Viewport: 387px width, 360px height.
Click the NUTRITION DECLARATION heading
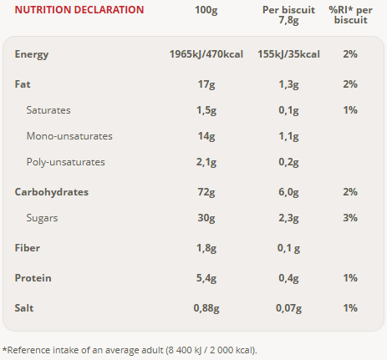point(79,10)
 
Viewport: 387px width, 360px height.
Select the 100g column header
point(206,10)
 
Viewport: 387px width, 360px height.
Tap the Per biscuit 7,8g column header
point(288,15)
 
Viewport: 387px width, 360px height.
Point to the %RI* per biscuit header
point(350,15)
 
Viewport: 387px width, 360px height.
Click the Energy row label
point(32,54)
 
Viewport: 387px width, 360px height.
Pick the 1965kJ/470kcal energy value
point(206,54)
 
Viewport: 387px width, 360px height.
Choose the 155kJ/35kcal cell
point(288,54)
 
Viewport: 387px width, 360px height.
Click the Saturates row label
point(48,110)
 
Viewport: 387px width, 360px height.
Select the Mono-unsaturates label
point(69,136)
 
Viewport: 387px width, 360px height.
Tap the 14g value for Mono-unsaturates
point(206,136)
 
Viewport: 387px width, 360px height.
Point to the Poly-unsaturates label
point(66,162)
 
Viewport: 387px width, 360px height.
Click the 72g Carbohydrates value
point(206,192)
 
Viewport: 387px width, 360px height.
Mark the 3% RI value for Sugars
point(350,218)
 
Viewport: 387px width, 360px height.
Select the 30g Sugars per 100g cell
point(206,218)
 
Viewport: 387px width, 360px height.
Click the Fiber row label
point(28,248)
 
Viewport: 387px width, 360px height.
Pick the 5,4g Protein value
point(206,278)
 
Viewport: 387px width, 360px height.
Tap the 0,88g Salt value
point(206,308)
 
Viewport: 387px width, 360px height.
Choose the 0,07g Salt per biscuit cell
point(288,308)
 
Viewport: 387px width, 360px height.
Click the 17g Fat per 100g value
point(206,84)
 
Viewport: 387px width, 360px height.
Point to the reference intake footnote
point(130,350)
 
